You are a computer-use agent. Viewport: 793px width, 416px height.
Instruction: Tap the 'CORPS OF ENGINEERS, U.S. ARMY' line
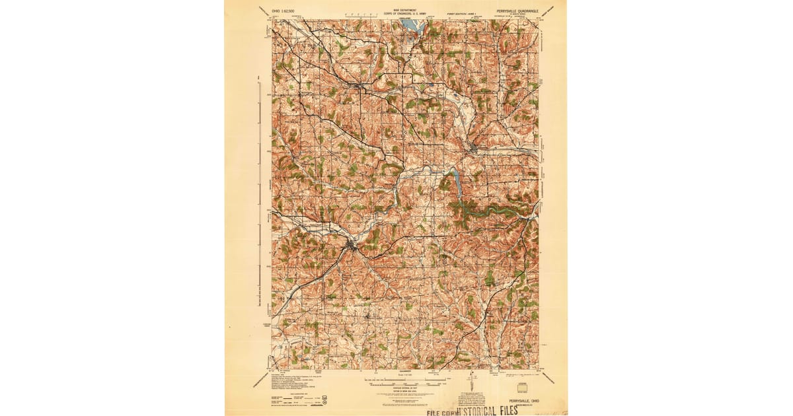[404, 14]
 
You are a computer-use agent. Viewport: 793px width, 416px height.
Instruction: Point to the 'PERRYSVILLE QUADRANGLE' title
[521, 11]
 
